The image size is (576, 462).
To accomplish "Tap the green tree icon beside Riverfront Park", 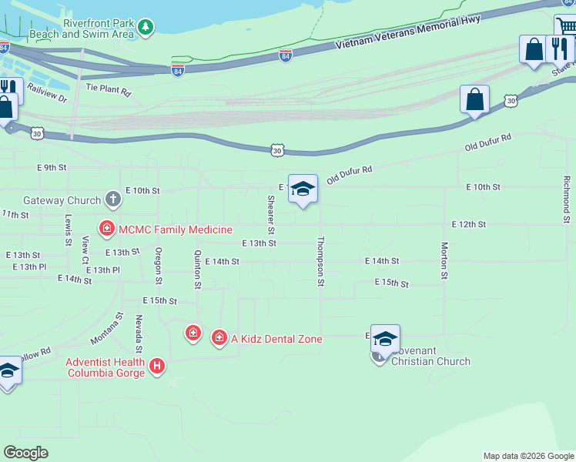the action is tap(146, 28).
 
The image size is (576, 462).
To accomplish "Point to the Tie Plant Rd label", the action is tap(109, 91).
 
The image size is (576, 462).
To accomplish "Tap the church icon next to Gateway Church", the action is tap(113, 200).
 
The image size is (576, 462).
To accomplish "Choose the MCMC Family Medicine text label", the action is tap(175, 229).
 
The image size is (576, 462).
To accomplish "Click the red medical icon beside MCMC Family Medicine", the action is tap(106, 229).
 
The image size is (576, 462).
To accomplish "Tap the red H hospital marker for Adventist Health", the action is tap(157, 367).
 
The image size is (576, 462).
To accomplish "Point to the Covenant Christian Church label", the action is tap(430, 356).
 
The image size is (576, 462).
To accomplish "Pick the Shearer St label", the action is tap(270, 215).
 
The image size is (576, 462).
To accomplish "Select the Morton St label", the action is tap(444, 260).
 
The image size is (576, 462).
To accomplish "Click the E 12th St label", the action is tap(469, 224).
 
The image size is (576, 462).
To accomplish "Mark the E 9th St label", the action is tap(52, 167).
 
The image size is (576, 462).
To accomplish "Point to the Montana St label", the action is tap(107, 329).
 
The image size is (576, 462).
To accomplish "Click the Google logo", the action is tap(25, 453).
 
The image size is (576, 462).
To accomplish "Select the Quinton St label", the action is tap(198, 269).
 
